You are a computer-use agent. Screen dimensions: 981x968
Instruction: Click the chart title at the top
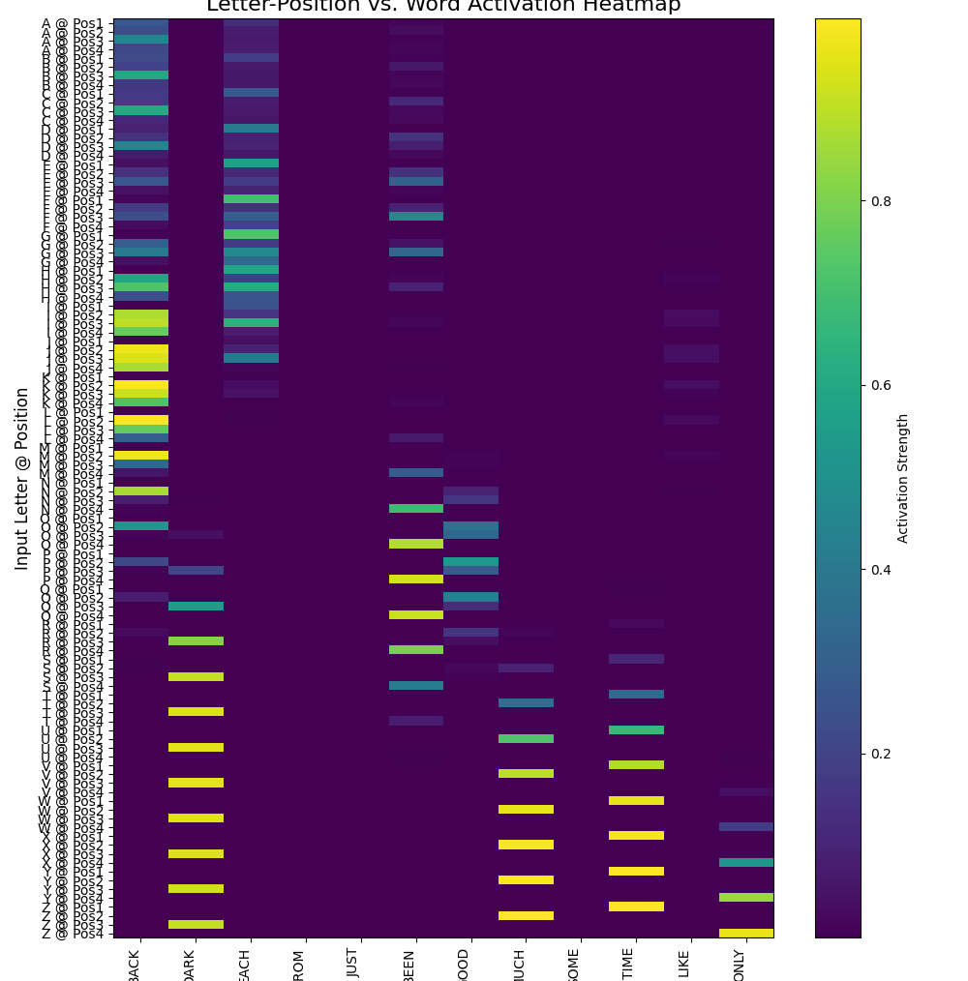pos(443,6)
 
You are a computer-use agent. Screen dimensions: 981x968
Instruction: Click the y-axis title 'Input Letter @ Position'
pos(22,478)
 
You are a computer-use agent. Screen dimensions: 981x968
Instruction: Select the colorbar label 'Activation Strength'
pos(902,478)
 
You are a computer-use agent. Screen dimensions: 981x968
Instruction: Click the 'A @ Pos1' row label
pos(73,23)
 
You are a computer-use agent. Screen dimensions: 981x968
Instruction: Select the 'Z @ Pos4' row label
pos(73,934)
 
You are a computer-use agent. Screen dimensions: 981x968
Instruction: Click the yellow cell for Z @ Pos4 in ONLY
pos(746,934)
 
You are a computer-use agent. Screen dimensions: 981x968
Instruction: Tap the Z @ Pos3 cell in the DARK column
pos(196,924)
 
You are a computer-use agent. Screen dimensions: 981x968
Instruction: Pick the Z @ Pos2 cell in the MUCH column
pos(526,915)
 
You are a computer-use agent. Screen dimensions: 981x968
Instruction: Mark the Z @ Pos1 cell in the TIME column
pos(636,907)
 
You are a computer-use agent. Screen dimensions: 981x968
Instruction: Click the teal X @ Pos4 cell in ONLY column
pos(746,862)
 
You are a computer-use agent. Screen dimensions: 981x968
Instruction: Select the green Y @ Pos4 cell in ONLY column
pos(746,898)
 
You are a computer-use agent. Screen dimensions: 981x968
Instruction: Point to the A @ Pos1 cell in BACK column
pos(140,23)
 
